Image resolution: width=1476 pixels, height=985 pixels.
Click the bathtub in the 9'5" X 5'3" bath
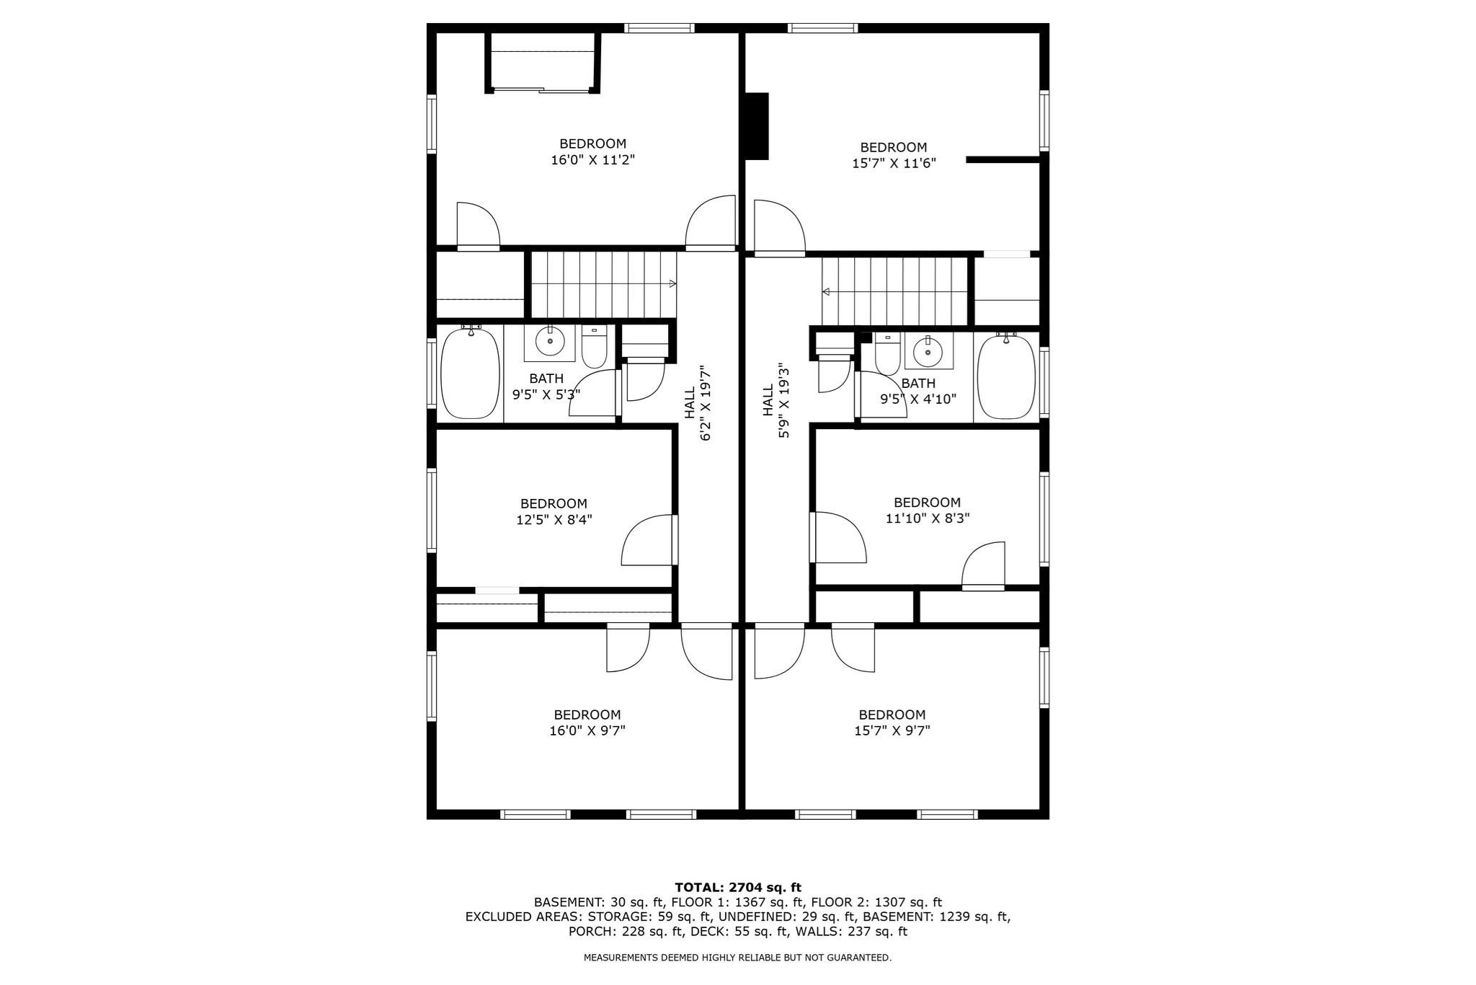pyautogui.click(x=470, y=374)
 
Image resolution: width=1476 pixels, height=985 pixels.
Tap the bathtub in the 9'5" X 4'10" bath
pyautogui.click(x=1006, y=375)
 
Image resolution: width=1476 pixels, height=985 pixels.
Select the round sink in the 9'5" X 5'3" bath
pyautogui.click(x=550, y=341)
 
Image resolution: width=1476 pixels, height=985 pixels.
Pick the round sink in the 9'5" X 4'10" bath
pyautogui.click(x=928, y=352)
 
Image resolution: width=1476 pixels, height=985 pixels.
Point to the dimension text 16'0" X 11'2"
pyautogui.click(x=592, y=160)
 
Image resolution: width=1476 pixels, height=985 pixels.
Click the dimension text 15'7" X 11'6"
pyautogui.click(x=894, y=164)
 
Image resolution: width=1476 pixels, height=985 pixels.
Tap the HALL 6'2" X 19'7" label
pyautogui.click(x=698, y=402)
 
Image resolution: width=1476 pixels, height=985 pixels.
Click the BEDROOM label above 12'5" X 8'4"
pyautogui.click(x=553, y=503)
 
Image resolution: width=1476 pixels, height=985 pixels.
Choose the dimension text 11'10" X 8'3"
pyautogui.click(x=927, y=518)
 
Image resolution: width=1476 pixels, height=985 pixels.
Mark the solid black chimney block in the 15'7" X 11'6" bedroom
pyautogui.click(x=757, y=125)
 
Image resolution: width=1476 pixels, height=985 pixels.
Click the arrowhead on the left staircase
pyautogui.click(x=672, y=283)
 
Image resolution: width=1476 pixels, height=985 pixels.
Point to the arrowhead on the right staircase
pyautogui.click(x=827, y=291)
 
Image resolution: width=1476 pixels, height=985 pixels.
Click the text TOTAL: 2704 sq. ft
pyautogui.click(x=737, y=888)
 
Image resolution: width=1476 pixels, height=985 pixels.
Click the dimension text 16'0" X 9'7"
pyautogui.click(x=587, y=730)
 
